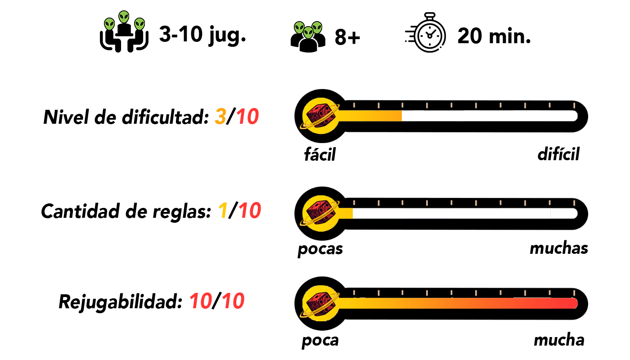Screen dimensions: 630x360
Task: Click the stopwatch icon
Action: point(426,32)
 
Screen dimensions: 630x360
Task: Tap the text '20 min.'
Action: point(494,36)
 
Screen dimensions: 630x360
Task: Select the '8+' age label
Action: point(347,37)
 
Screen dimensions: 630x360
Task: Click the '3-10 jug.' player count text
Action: point(202,35)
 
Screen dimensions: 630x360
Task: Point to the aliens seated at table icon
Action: point(124,31)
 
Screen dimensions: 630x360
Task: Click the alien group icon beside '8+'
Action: point(308,37)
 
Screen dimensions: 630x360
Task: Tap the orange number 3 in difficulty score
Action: point(220,117)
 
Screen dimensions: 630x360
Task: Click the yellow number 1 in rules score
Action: point(223,211)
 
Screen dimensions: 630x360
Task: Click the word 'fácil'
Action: point(320,154)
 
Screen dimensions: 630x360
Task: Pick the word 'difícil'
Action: point(558,154)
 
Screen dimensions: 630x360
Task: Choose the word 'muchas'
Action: point(559,248)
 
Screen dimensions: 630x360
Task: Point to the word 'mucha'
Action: point(559,340)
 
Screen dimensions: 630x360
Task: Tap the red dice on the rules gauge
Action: point(320,213)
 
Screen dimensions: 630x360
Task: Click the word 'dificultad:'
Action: point(165,117)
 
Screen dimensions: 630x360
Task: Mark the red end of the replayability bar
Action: point(574,303)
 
